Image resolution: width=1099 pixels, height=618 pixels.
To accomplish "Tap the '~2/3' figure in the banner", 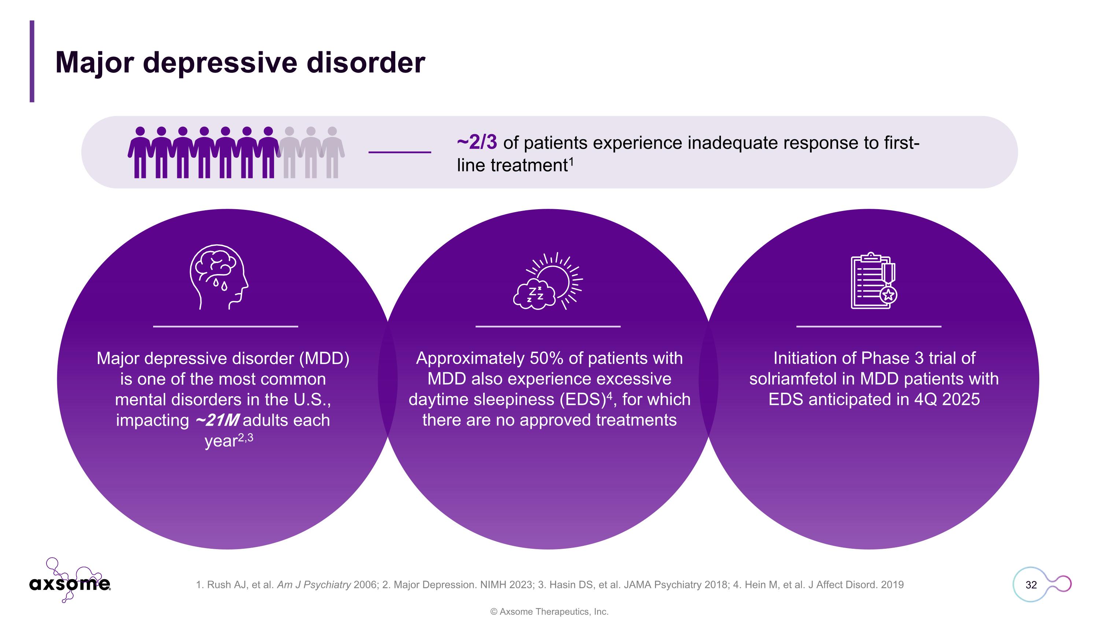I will pyautogui.click(x=477, y=143).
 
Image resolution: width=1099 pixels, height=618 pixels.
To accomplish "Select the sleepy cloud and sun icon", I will pyautogui.click(x=548, y=281).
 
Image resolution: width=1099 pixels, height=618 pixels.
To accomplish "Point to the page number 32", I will pyautogui.click(x=1031, y=585).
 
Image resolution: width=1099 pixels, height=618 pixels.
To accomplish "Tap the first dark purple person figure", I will pyautogui.click(x=140, y=152).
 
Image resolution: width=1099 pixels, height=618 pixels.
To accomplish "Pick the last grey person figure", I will pyautogui.click(x=332, y=152).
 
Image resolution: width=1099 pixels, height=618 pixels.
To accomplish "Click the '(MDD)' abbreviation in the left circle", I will pyautogui.click(x=324, y=358).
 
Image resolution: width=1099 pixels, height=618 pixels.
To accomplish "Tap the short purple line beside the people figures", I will pyautogui.click(x=399, y=152).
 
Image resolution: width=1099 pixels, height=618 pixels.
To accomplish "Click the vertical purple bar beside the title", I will pyautogui.click(x=32, y=62).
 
